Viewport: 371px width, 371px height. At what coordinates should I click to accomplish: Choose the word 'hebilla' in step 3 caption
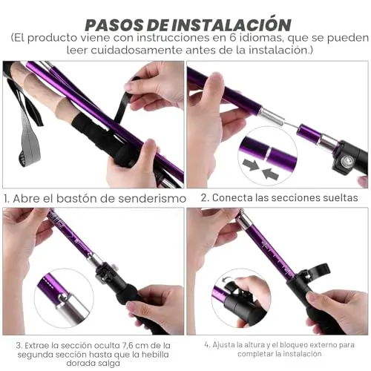click(155, 355)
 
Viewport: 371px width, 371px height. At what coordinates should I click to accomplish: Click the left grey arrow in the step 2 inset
click(251, 165)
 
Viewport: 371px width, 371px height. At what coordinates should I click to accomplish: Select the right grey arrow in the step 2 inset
click(270, 174)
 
